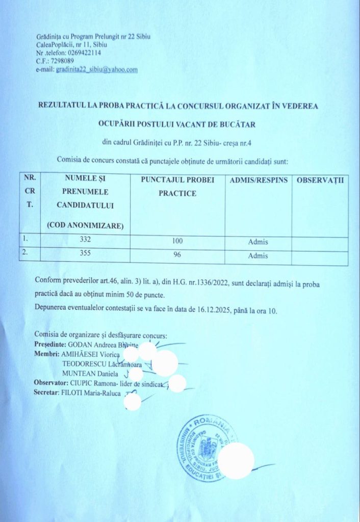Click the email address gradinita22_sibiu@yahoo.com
97,69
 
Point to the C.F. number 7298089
62,61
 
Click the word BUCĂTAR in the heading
238,124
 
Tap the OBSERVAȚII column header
321,180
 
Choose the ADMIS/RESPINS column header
259,180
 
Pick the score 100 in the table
177,241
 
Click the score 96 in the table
177,255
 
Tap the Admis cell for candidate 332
258,242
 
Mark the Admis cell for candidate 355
258,255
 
